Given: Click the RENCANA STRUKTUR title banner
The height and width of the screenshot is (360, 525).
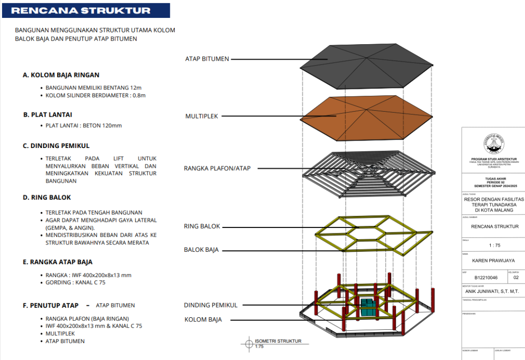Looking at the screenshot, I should [x=85, y=10].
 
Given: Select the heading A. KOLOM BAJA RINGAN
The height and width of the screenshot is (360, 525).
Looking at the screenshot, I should [x=61, y=75].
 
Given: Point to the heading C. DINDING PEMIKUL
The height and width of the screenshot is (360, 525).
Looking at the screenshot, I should [x=56, y=145].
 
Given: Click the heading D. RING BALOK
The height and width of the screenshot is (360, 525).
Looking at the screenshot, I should [x=47, y=197].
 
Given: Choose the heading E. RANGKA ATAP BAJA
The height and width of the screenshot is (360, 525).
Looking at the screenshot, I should [x=58, y=262].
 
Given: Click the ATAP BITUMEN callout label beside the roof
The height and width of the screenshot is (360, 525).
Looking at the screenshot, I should [x=207, y=59].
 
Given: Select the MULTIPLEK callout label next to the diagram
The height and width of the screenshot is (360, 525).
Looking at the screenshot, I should [x=202, y=116].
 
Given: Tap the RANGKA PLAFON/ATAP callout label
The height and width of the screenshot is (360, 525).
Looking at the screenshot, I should [x=217, y=168].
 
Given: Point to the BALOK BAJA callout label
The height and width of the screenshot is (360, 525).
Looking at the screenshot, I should [x=201, y=250].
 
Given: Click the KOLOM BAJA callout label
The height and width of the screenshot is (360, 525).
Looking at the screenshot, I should [x=203, y=319].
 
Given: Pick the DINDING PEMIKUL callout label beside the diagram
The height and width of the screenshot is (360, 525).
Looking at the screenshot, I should [x=211, y=305].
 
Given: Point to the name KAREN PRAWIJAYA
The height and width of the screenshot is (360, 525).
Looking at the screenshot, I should [x=493, y=260].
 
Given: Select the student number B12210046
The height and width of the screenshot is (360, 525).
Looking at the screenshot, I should [x=485, y=278].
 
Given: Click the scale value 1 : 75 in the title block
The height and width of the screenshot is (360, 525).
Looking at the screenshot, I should [x=493, y=245].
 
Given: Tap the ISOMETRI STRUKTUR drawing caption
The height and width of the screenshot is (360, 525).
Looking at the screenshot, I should [x=278, y=341].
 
